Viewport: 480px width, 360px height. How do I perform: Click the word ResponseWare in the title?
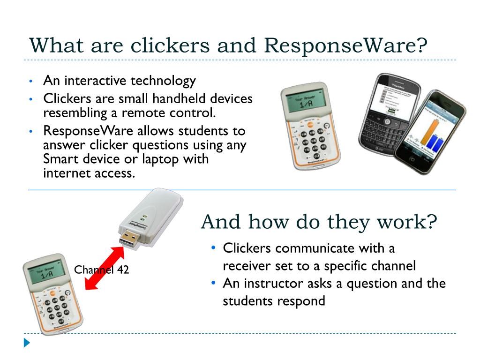point(345,46)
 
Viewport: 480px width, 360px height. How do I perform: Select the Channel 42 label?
point(101,270)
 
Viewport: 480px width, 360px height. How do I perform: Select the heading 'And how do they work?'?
point(318,221)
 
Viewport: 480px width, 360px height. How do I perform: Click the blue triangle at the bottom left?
point(27,343)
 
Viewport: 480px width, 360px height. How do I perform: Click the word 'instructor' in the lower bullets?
point(272,283)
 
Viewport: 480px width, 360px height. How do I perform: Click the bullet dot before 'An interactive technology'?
point(30,81)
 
